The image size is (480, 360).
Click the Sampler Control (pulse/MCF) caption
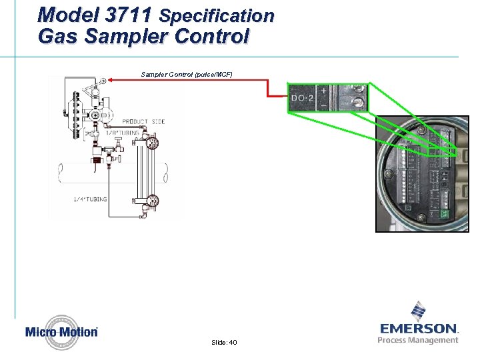[187, 73]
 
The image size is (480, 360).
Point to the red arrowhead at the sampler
[111, 80]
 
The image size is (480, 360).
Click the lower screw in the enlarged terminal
[359, 103]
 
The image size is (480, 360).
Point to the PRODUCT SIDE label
[143, 121]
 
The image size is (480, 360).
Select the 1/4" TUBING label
[89, 199]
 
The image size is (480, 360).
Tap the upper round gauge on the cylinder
[153, 141]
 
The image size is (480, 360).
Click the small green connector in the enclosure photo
[445, 214]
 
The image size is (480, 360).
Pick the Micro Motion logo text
[61, 332]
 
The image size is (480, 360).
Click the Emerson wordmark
[419, 329]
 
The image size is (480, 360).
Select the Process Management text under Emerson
[418, 340]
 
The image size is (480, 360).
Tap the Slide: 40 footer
[223, 342]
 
